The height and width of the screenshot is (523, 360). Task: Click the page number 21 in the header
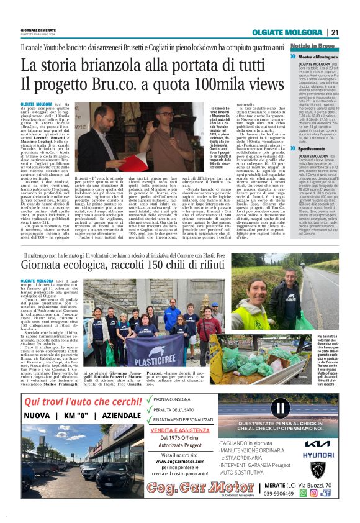point(334,33)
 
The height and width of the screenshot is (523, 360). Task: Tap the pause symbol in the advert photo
point(282,408)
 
